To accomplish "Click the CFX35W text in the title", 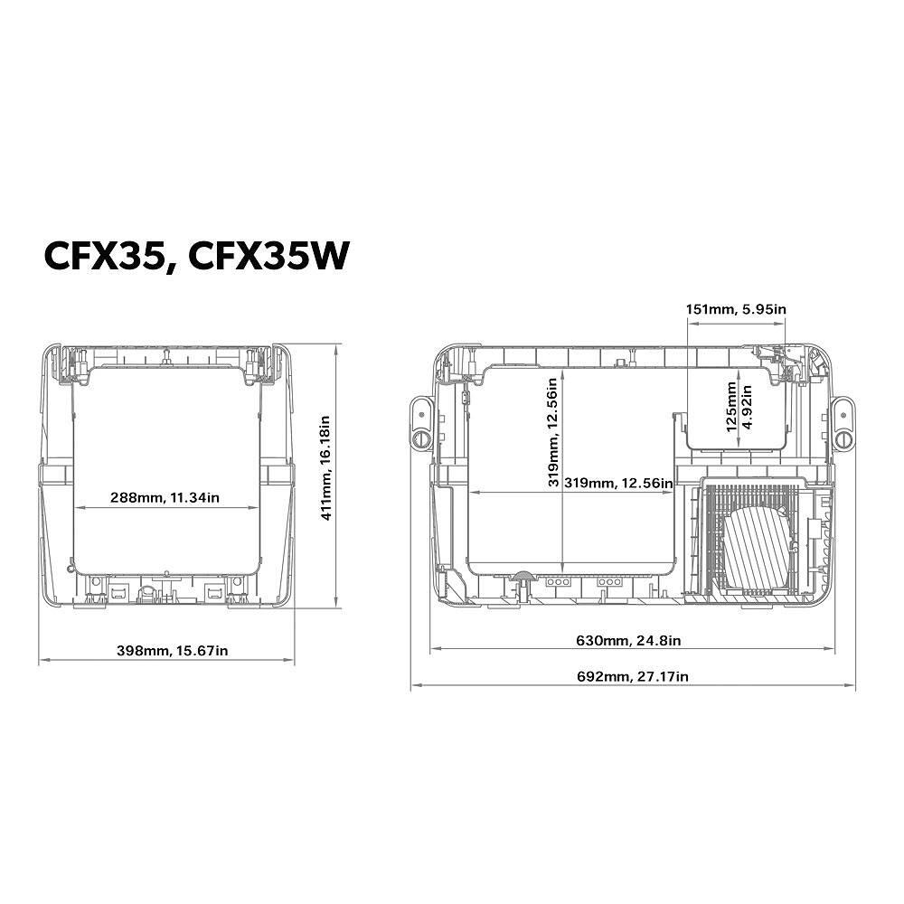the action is pos(269,256).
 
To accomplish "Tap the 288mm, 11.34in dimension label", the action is pos(165,497).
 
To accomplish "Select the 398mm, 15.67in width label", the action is pos(173,651).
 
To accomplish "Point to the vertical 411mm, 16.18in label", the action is pos(325,468).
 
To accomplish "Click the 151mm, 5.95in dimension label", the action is pos(736,309).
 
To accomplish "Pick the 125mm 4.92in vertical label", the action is pos(739,407).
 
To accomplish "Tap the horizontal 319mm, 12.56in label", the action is pos(618,483).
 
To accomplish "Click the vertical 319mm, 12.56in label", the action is pos(553,432).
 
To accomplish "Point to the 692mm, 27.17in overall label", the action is pos(633,676).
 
